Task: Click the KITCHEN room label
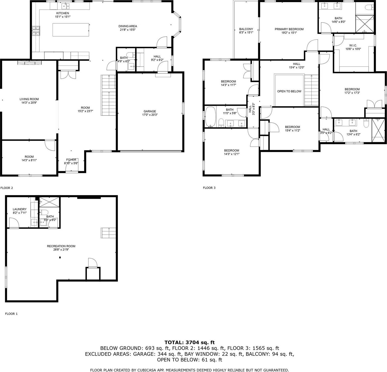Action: pyautogui.click(x=63, y=13)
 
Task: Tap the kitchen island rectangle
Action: pyautogui.click(x=71, y=30)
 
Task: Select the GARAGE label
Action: pyautogui.click(x=150, y=111)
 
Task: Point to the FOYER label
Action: pyautogui.click(x=71, y=160)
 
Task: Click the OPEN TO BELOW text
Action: pyautogui.click(x=289, y=91)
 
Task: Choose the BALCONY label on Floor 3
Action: pyautogui.click(x=246, y=29)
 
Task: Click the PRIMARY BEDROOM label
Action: pyautogui.click(x=289, y=29)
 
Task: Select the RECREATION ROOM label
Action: pyautogui.click(x=61, y=246)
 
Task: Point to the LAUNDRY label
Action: pyautogui.click(x=20, y=209)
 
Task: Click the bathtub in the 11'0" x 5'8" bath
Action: pyautogui.click(x=210, y=117)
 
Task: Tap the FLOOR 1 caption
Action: pyautogui.click(x=11, y=314)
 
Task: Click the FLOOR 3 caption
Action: pyautogui.click(x=209, y=188)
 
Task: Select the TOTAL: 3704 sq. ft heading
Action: pyautogui.click(x=190, y=343)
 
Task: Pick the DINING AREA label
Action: pyautogui.click(x=128, y=26)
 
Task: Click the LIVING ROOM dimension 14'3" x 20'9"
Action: pyautogui.click(x=29, y=103)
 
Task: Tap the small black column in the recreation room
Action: pyautogui.click(x=60, y=257)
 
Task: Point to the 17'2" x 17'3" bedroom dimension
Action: pyautogui.click(x=352, y=93)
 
